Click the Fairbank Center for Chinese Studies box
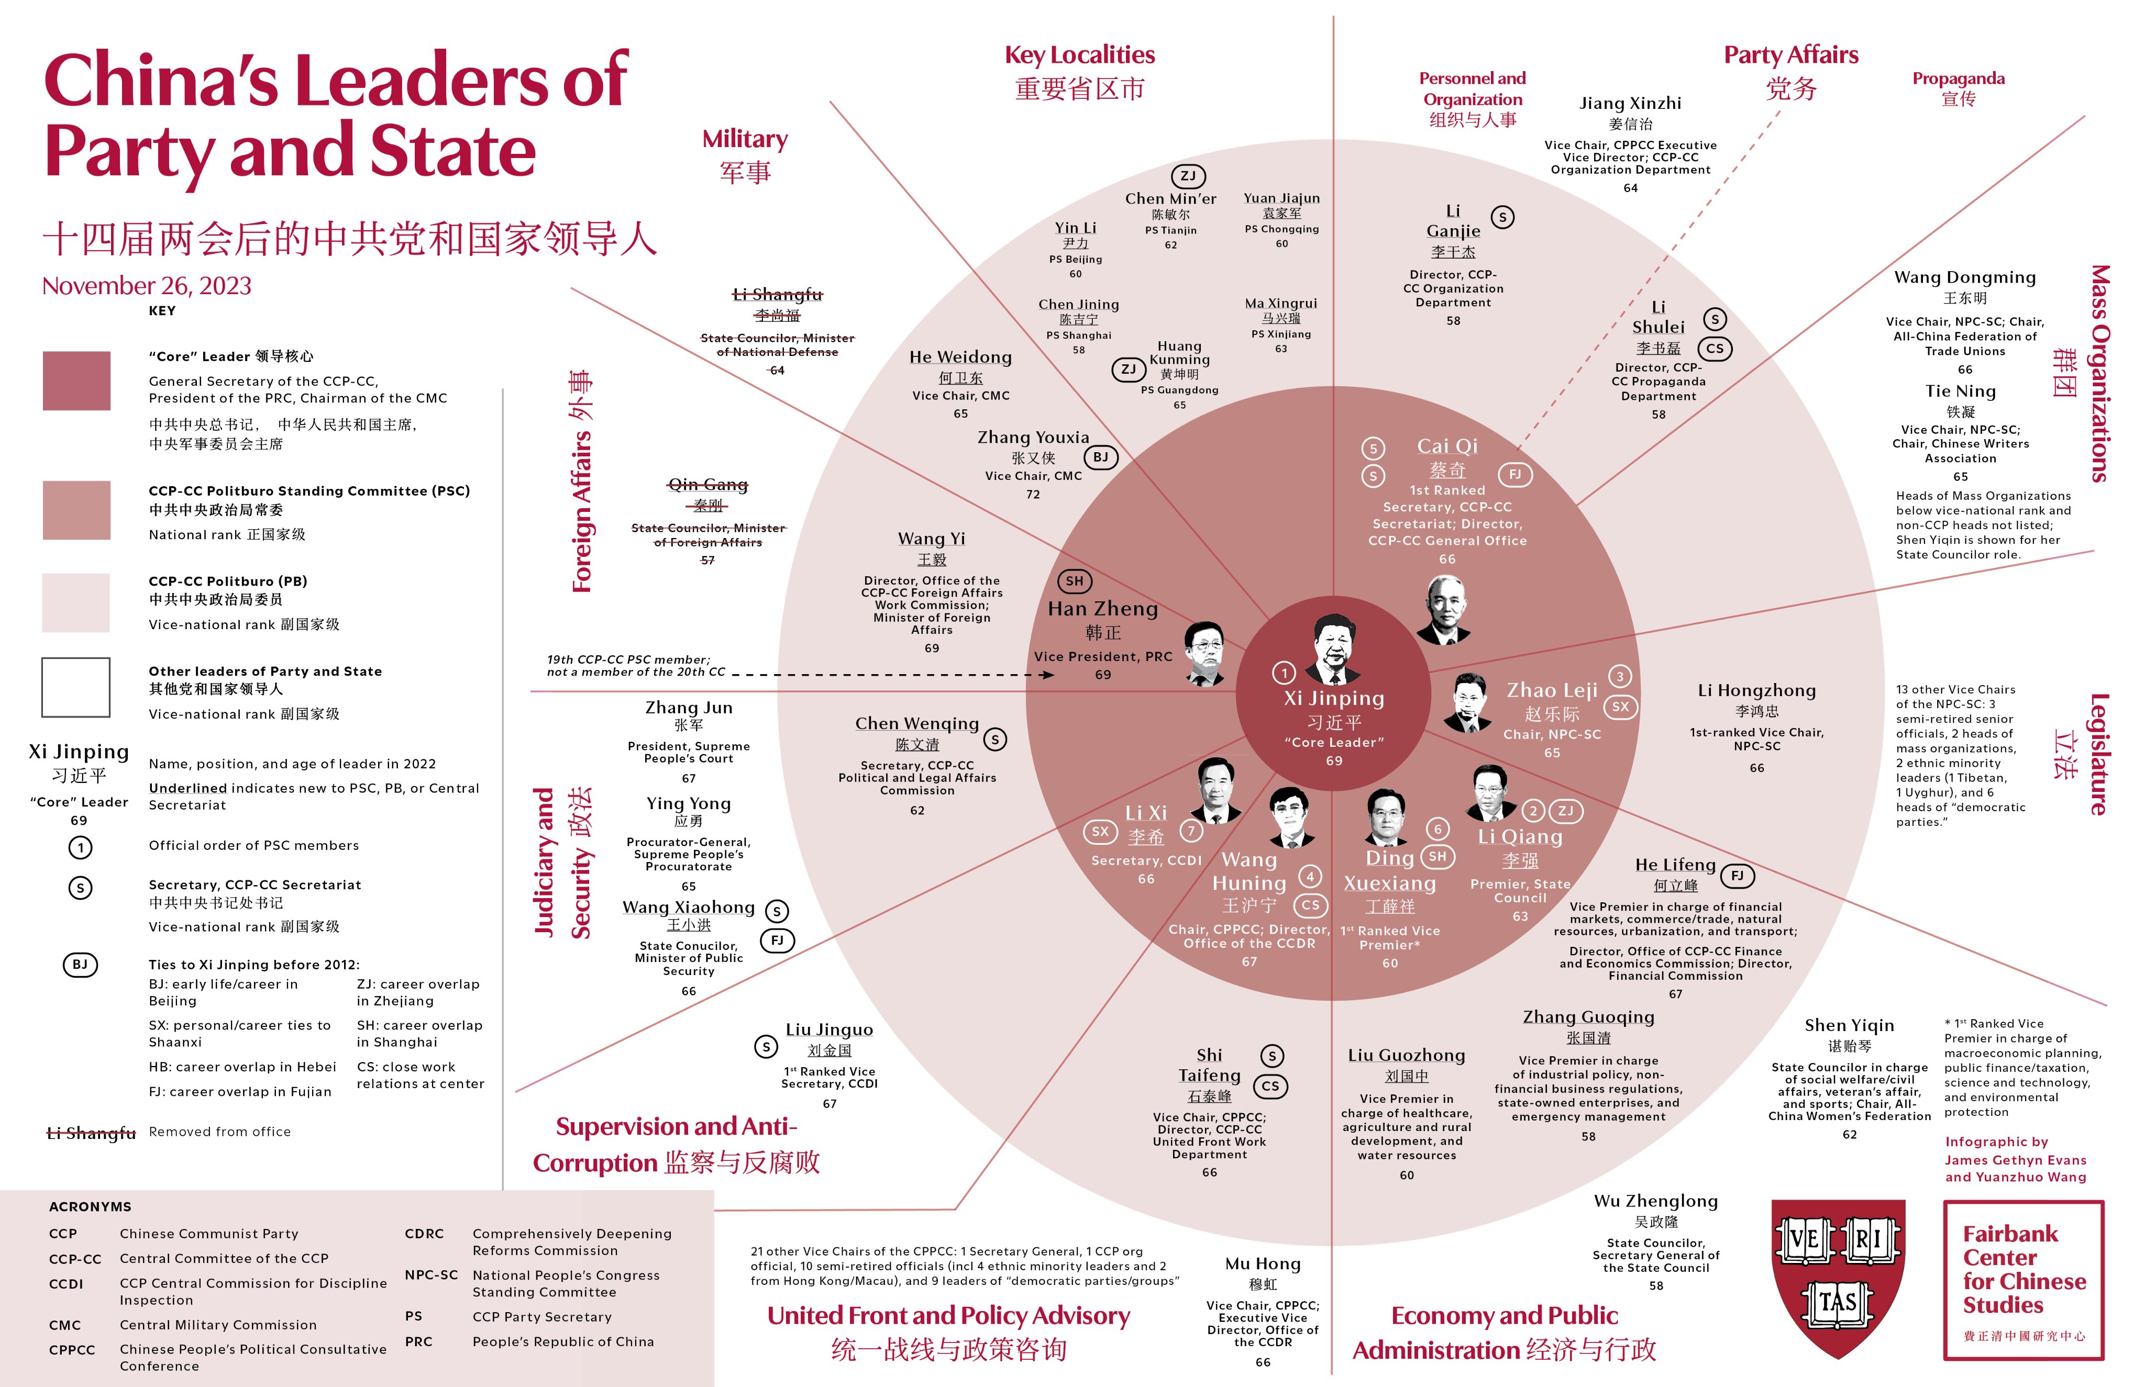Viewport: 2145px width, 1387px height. click(x=2024, y=1279)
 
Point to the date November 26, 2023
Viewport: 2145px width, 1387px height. click(x=147, y=286)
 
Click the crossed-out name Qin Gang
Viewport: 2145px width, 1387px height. click(x=708, y=486)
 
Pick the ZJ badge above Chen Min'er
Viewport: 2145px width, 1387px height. click(x=1187, y=176)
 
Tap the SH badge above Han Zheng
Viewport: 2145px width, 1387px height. click(x=1074, y=581)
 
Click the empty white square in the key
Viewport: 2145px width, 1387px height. click(x=76, y=687)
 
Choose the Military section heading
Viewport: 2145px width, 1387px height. click(x=745, y=140)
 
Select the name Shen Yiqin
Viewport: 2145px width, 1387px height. click(x=1849, y=1025)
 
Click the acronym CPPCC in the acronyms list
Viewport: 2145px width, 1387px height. click(x=72, y=1349)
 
